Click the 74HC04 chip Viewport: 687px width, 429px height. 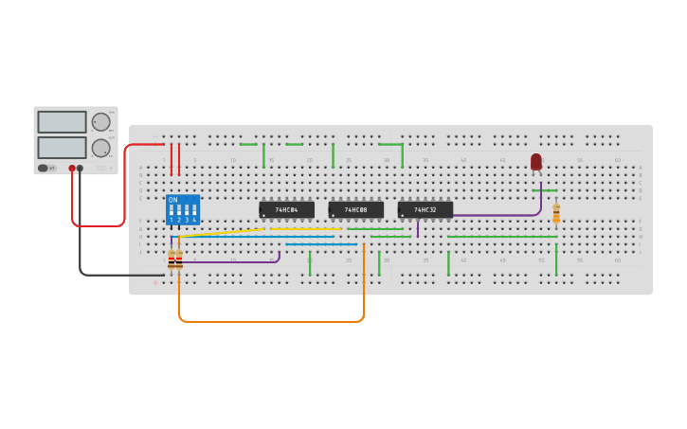tap(286, 209)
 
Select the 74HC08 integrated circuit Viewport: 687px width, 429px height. tap(355, 209)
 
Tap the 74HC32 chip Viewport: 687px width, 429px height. tap(425, 209)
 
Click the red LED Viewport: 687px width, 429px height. tap(536, 162)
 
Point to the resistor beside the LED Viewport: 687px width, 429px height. tap(556, 213)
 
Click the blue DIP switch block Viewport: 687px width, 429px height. tap(183, 209)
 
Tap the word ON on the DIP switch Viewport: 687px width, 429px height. tap(172, 201)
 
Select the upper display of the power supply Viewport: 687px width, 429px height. tap(62, 122)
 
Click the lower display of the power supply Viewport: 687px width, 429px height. tap(62, 148)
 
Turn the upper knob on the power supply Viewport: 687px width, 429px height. tap(100, 122)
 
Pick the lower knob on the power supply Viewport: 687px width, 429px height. tap(100, 148)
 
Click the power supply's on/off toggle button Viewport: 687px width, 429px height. tap(43, 168)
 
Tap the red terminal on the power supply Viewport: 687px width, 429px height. tap(72, 169)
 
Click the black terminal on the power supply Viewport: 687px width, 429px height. tap(80, 169)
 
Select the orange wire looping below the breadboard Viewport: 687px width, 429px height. tap(270, 322)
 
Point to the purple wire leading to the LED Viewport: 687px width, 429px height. tap(493, 216)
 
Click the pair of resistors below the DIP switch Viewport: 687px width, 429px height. tap(175, 259)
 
